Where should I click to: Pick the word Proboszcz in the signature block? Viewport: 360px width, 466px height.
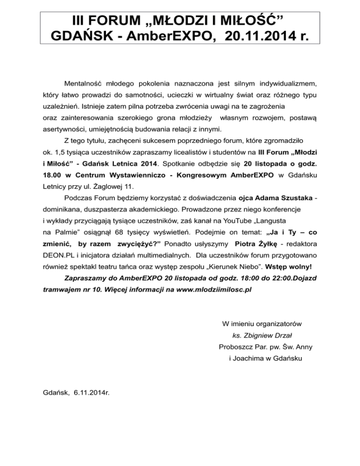pos(236,347)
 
